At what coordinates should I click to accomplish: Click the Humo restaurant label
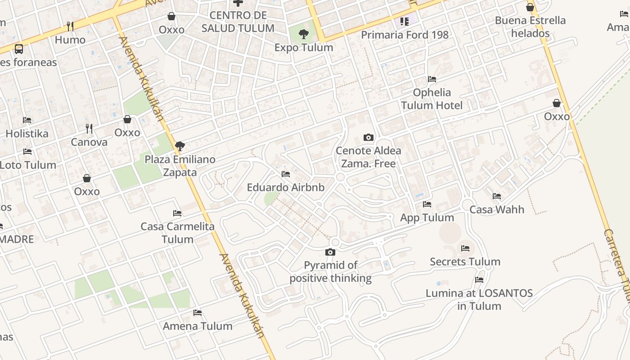point(70,40)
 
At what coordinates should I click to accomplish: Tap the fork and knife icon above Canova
point(89,129)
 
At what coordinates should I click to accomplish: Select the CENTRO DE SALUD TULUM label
point(238,22)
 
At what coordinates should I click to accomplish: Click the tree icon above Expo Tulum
point(304,33)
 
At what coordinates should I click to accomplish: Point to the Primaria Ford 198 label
point(405,35)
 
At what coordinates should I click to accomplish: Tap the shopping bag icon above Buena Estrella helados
point(530,7)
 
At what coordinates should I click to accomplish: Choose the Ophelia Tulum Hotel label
point(432,99)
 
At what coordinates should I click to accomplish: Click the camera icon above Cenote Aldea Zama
point(368,137)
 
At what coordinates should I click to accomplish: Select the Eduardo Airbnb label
point(285,187)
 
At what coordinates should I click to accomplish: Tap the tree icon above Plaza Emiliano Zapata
point(180,146)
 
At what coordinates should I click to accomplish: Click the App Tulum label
point(427,218)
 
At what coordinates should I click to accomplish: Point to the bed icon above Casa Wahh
point(497,196)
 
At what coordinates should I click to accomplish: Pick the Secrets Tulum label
point(465,261)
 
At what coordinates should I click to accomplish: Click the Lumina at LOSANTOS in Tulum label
point(479,300)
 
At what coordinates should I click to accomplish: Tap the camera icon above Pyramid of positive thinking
point(330,252)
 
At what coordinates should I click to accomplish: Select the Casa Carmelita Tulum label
point(177,233)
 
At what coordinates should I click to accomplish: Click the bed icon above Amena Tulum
point(198,313)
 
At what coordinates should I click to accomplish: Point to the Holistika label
point(27,134)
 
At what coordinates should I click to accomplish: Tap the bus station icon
point(19,49)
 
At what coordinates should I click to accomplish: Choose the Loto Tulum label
point(28,165)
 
